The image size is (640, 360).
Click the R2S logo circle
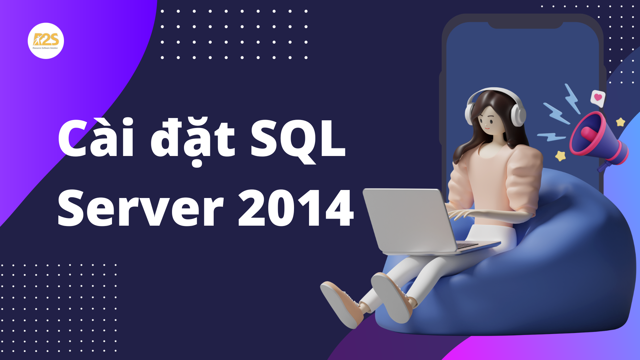[46, 41]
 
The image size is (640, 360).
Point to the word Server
[140, 208]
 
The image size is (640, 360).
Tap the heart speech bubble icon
[598, 98]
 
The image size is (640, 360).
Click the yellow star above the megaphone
[620, 122]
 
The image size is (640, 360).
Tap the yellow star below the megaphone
[560, 156]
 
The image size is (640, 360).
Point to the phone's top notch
[525, 25]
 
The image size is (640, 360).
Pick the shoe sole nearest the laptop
[390, 297]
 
